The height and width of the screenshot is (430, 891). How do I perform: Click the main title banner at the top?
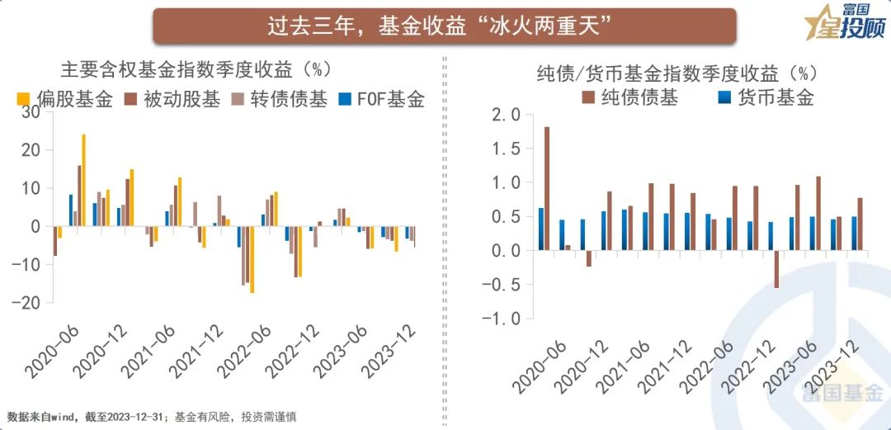[444, 26]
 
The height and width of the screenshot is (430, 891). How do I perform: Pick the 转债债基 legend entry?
[280, 101]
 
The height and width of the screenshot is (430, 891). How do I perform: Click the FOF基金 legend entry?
[381, 101]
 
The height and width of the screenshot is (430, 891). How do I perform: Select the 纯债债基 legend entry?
[630, 97]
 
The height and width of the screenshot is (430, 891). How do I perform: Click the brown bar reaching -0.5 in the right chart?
[776, 268]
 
